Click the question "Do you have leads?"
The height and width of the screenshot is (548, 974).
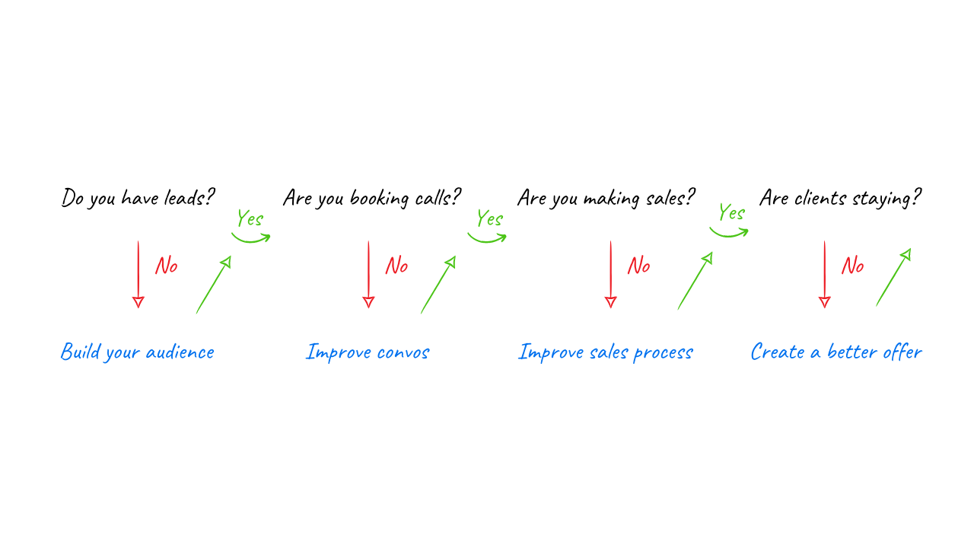tap(138, 199)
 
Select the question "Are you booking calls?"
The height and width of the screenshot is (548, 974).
tap(372, 199)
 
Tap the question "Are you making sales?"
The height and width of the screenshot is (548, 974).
tap(606, 199)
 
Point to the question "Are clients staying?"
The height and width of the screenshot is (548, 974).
tap(840, 199)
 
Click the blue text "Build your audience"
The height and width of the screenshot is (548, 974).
tap(138, 352)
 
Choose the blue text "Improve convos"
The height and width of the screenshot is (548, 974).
tap(368, 352)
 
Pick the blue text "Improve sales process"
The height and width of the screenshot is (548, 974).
tap(606, 352)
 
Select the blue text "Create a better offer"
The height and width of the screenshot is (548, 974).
tap(836, 352)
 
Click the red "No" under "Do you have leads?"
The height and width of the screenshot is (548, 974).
tap(166, 266)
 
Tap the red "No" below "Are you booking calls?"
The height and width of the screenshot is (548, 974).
tap(396, 266)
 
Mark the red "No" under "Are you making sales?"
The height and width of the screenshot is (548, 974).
tap(638, 266)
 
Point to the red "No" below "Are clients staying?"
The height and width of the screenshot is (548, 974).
tap(852, 266)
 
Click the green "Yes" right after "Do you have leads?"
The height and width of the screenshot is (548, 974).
tap(250, 219)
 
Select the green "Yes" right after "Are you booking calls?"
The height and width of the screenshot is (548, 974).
tap(489, 219)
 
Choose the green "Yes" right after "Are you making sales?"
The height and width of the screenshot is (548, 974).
tap(731, 213)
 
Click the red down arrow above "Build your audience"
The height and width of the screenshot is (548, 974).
tap(138, 274)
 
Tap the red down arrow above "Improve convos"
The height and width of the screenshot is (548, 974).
tap(368, 274)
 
